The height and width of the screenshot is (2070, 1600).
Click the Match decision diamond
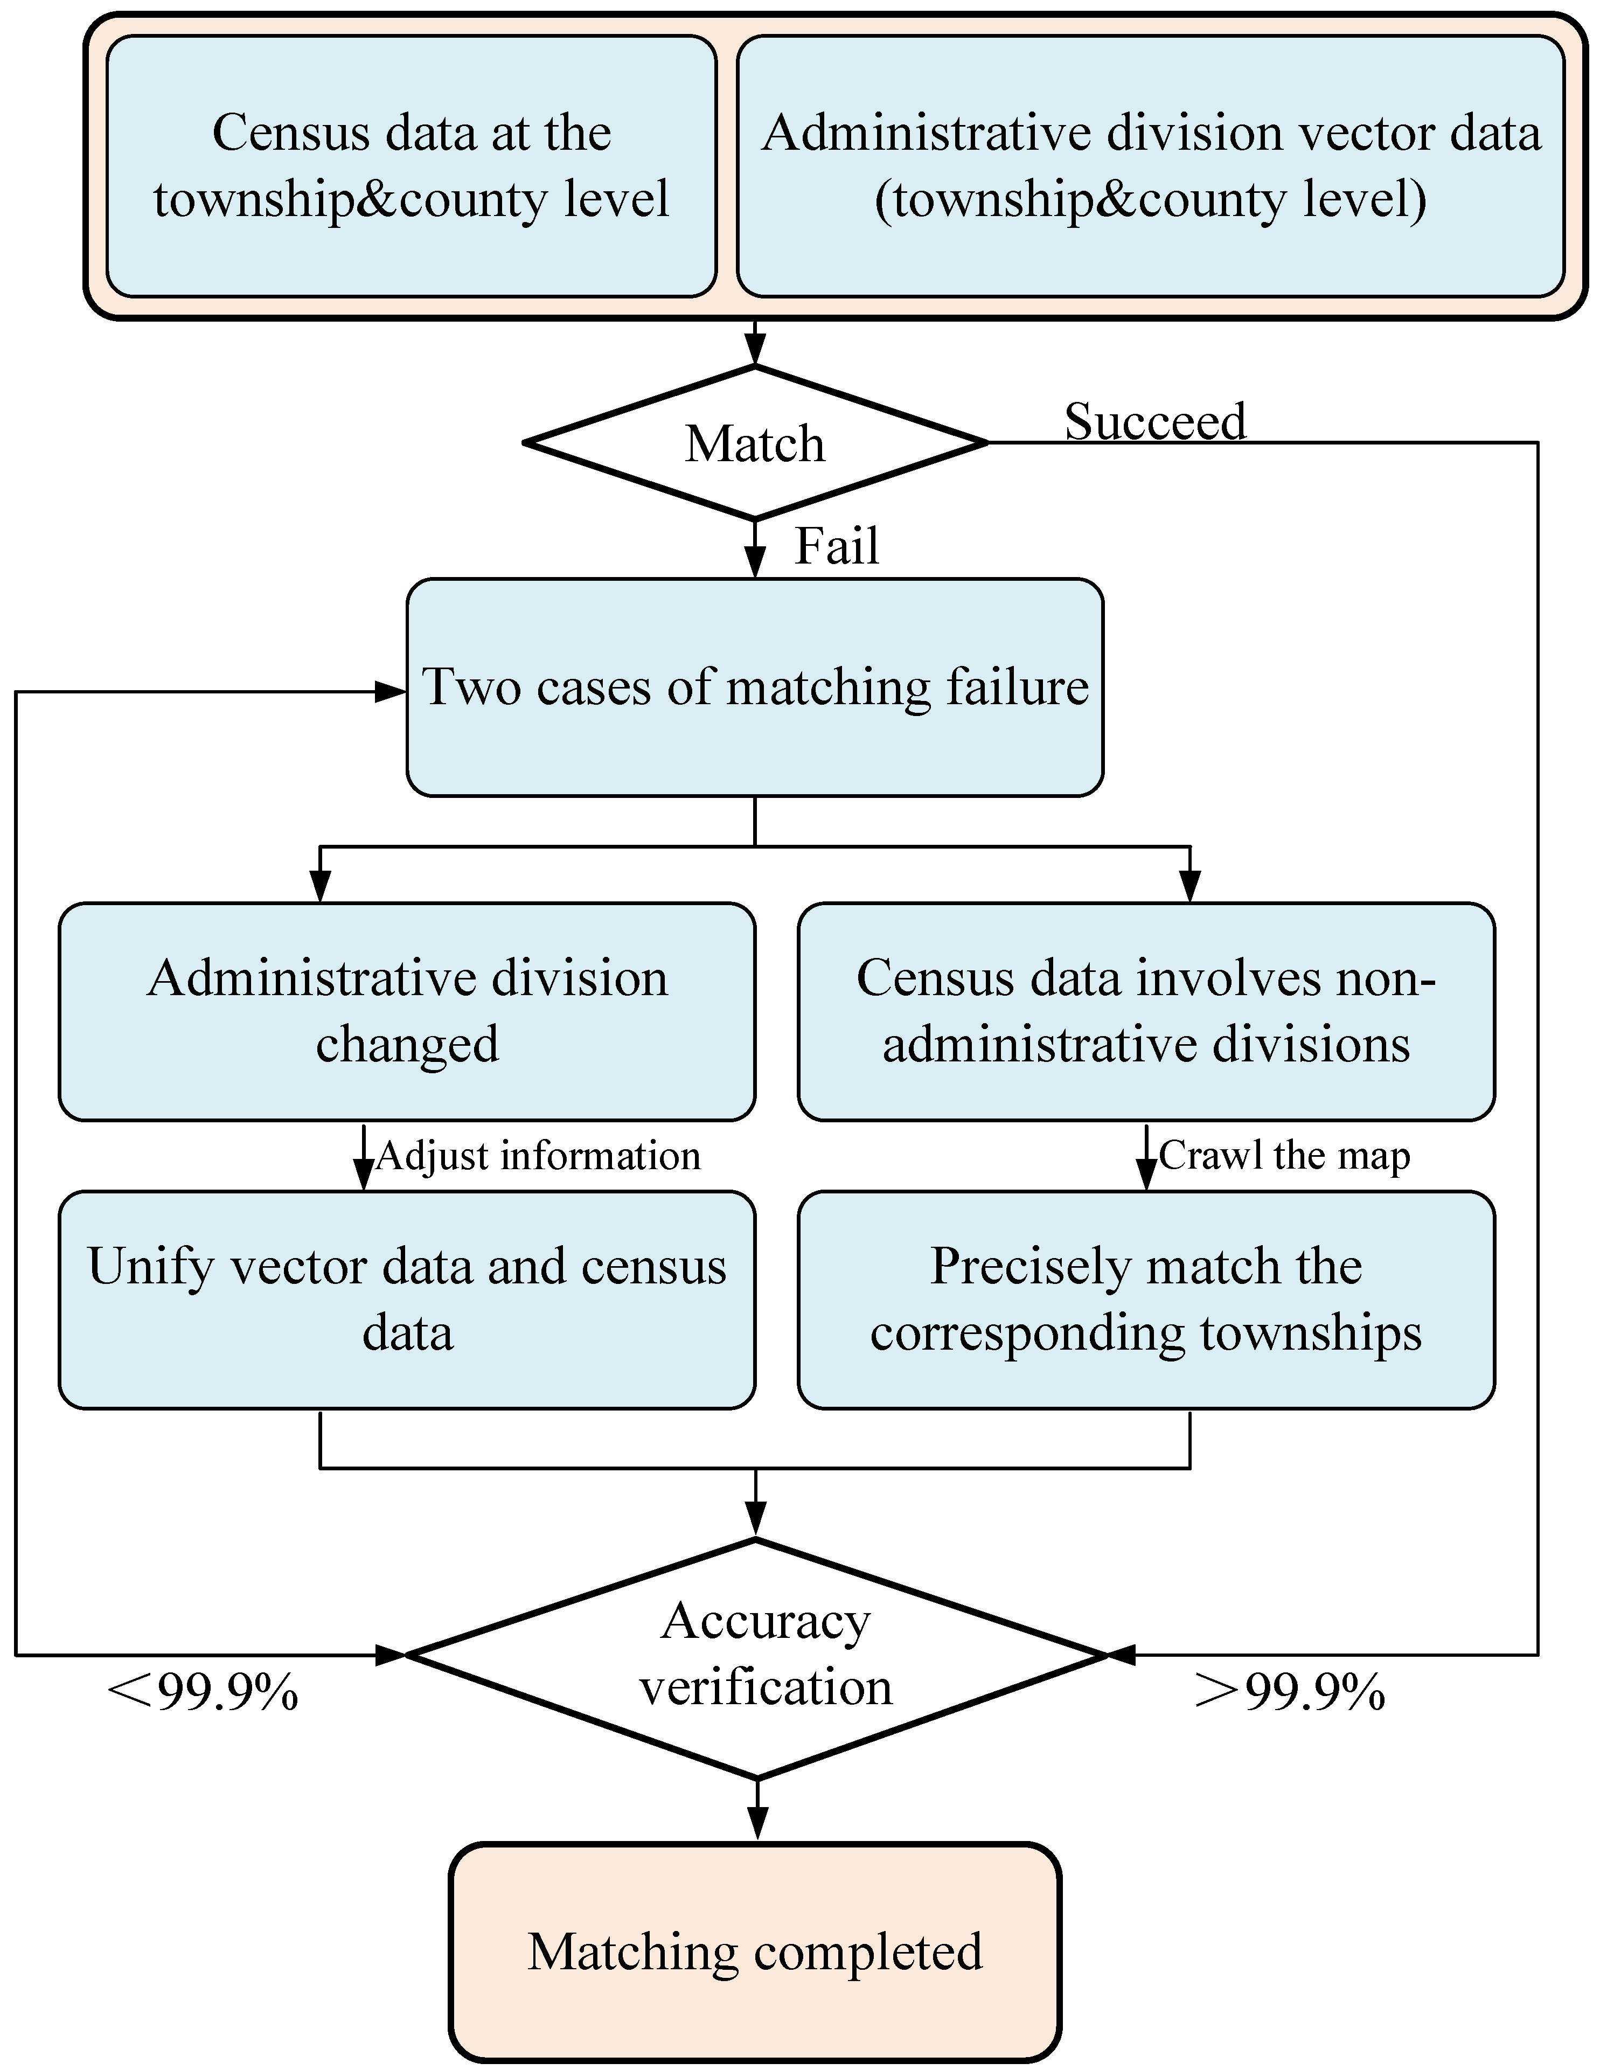click(755, 443)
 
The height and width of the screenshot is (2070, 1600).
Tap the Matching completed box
click(755, 1953)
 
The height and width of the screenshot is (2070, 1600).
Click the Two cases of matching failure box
click(755, 687)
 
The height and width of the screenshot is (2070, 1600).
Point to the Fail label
click(836, 547)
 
